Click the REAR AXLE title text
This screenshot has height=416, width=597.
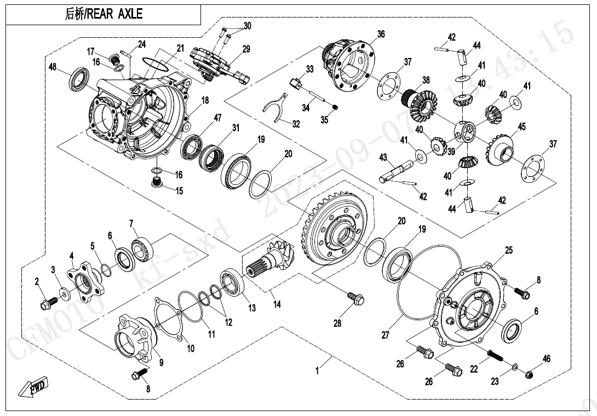click(x=104, y=14)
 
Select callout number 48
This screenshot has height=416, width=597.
click(x=53, y=67)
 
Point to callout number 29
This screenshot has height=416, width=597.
click(x=246, y=49)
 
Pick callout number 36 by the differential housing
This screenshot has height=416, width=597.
click(x=381, y=34)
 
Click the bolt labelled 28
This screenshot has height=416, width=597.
click(x=353, y=298)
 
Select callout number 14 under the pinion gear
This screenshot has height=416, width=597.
click(x=277, y=304)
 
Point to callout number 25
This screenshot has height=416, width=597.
click(x=509, y=250)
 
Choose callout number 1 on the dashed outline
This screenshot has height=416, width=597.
click(x=317, y=371)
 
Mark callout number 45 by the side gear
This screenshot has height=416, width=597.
click(x=521, y=127)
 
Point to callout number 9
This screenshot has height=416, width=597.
click(x=161, y=362)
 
